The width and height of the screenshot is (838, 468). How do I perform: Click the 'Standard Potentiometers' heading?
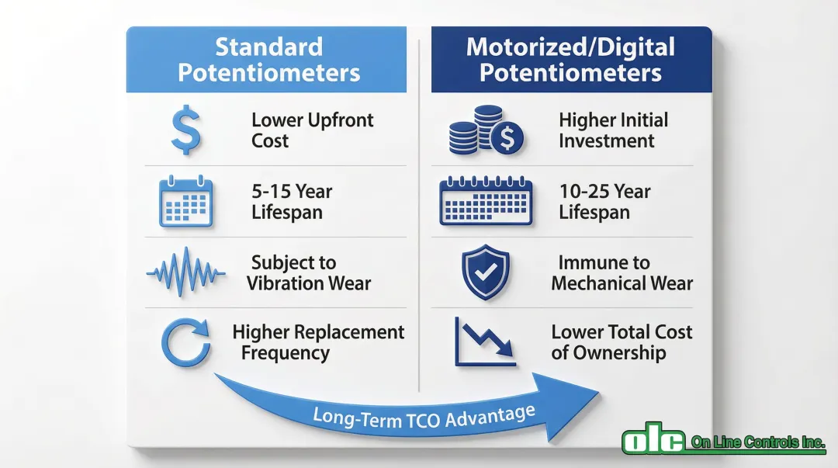[x=268, y=60]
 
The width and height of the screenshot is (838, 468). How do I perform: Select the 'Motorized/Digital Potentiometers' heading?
[x=571, y=60]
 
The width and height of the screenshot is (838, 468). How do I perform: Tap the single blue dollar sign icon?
[x=186, y=130]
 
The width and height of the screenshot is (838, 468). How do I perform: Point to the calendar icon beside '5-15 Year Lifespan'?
[x=186, y=201]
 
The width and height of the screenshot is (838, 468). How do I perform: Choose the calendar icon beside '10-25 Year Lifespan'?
[x=486, y=200]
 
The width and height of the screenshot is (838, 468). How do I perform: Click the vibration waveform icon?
[x=186, y=272]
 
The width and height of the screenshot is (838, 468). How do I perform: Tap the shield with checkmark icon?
[x=485, y=272]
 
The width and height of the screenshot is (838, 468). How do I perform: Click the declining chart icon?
[x=486, y=342]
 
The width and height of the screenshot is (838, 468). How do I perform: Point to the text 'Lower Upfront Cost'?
[x=313, y=130]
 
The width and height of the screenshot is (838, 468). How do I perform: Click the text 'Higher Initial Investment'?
[x=614, y=130]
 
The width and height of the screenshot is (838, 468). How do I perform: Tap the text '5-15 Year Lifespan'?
[x=292, y=201]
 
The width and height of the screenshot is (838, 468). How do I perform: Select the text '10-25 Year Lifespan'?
[x=604, y=201]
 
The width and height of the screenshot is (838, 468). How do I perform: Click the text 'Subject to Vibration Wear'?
[x=308, y=272]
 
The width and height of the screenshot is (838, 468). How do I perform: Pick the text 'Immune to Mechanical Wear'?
[x=622, y=272]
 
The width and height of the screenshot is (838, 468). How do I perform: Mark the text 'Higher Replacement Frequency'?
[x=318, y=342]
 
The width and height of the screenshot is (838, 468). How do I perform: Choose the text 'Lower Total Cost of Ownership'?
[x=622, y=342]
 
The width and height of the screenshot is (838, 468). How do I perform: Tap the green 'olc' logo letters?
[x=653, y=439]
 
